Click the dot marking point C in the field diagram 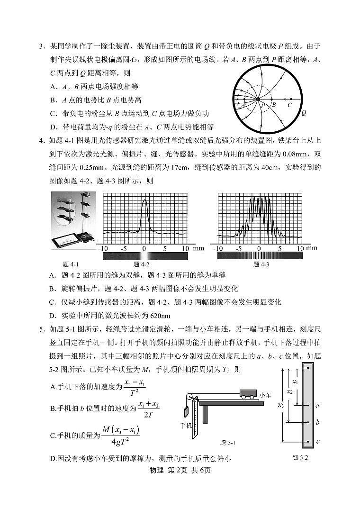coord(290,99)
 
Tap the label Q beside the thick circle coord(303,113)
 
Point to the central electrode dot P coord(258,99)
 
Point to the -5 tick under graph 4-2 coord(123,248)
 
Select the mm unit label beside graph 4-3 coord(312,248)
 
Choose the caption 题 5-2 coord(300,458)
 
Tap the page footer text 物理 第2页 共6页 coord(180,470)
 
